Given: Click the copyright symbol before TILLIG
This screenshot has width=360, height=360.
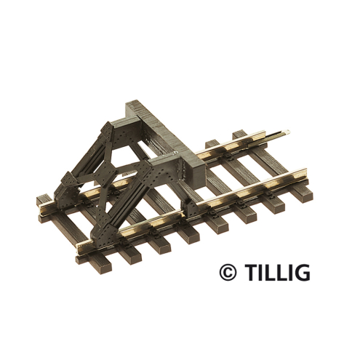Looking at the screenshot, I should pos(228,273).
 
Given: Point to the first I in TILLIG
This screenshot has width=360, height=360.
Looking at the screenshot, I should pos(258,273).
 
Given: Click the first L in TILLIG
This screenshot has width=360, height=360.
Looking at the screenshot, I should pos(268,273).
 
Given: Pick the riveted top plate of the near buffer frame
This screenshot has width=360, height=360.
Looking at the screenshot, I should pos(160,164).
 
